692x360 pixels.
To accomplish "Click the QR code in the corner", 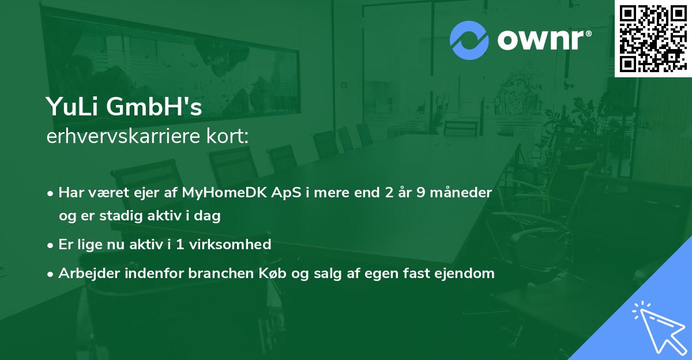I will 653,38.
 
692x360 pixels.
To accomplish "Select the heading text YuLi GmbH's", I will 124,107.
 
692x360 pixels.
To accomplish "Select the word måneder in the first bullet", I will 465,193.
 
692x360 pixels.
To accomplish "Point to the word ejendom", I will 468,273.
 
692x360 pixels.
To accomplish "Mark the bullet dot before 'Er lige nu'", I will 51,245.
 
